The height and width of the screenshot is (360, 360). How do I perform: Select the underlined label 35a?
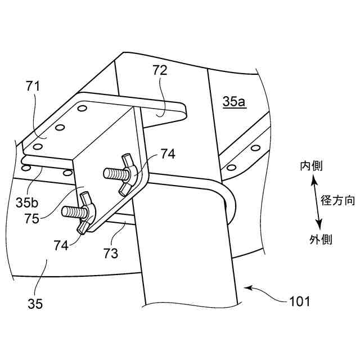[x=234, y=102]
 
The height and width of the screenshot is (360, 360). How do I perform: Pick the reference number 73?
[x=111, y=253]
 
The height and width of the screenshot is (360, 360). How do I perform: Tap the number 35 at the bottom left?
[x=35, y=304]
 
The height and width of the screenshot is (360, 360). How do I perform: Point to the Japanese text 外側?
[x=321, y=240]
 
